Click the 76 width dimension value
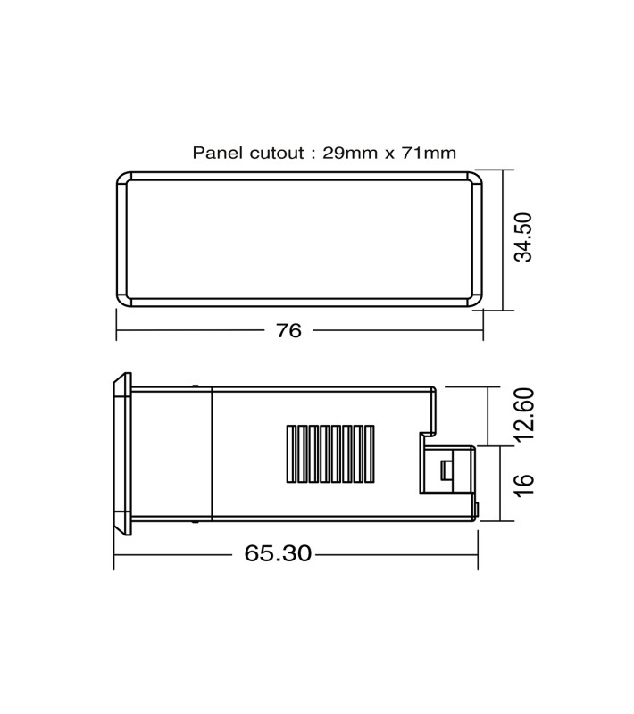coord(288,330)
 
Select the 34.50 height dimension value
coord(523,237)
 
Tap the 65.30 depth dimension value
coord(278,553)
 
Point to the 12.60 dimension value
coord(525,414)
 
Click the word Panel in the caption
coord(218,153)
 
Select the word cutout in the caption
coord(277,153)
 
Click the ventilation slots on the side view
coord(330,454)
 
